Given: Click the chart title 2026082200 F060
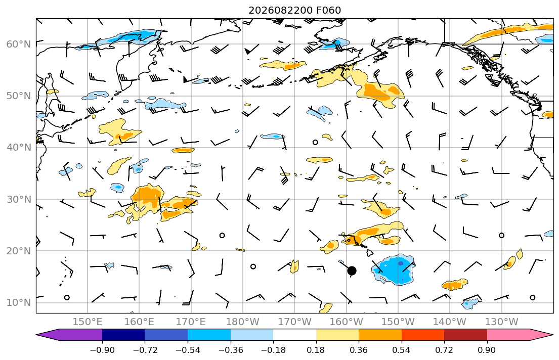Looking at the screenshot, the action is (294, 10).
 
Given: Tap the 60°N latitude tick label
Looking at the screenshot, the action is (19, 44).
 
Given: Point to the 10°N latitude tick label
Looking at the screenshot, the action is (19, 303).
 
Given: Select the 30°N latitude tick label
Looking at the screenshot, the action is (19, 199).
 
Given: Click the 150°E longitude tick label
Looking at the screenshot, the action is (88, 322).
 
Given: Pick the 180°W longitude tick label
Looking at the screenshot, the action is (243, 322).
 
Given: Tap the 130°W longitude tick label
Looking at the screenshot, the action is (502, 322).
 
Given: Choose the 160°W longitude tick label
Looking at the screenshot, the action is (346, 322).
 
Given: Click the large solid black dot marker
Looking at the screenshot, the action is (352, 271).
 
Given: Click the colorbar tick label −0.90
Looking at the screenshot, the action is (102, 350).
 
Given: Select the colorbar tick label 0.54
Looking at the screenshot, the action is (402, 350).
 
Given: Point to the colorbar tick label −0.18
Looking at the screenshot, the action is (273, 350).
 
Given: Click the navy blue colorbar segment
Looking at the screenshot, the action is (123, 335).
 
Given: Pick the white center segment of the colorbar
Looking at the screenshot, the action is (294, 335).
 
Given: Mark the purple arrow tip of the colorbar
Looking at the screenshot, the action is (36, 335).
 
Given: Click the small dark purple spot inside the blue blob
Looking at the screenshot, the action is (401, 263).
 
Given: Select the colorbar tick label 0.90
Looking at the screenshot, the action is (487, 350).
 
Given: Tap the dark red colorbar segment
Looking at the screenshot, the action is (465, 335).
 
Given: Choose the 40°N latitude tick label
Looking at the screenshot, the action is (19, 148).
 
